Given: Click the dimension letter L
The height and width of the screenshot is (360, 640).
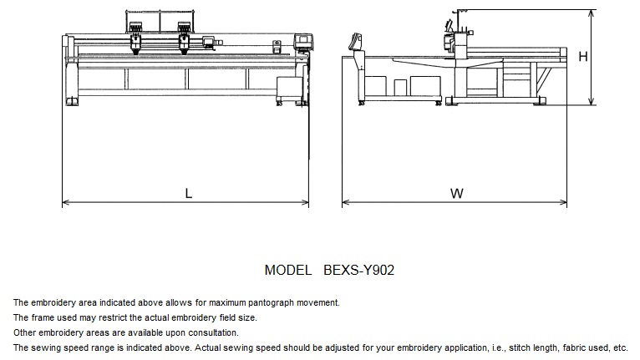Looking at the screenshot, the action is pyautogui.click(x=188, y=193).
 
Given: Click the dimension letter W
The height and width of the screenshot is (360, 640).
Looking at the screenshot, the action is pyautogui.click(x=457, y=193).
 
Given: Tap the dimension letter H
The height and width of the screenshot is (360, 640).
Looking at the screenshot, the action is pyautogui.click(x=583, y=56).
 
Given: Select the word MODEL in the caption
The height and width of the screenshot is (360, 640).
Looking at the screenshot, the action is pyautogui.click(x=288, y=270).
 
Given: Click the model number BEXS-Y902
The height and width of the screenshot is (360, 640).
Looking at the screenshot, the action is pyautogui.click(x=358, y=270).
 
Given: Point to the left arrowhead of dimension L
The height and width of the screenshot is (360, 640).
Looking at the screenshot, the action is pyautogui.click(x=65, y=202).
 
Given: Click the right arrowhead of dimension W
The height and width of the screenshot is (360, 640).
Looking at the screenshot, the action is pyautogui.click(x=563, y=202).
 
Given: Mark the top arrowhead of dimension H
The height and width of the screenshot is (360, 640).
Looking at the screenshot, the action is pyautogui.click(x=592, y=13).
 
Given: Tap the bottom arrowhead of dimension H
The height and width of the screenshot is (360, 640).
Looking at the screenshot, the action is pyautogui.click(x=592, y=101).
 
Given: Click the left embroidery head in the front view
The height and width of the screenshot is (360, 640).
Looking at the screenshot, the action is pyautogui.click(x=136, y=39).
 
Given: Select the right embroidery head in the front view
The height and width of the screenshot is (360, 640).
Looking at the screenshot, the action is pyautogui.click(x=184, y=39).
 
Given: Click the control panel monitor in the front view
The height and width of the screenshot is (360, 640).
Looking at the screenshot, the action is pyautogui.click(x=302, y=42).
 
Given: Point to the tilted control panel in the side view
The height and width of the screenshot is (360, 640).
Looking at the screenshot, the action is pyautogui.click(x=355, y=42).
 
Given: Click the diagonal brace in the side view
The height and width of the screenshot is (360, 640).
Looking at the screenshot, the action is pyautogui.click(x=543, y=80).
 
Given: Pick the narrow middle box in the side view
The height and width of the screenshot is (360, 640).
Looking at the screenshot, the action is pyautogui.click(x=400, y=88).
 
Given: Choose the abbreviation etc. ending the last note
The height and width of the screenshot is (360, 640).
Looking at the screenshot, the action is pyautogui.click(x=621, y=348).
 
